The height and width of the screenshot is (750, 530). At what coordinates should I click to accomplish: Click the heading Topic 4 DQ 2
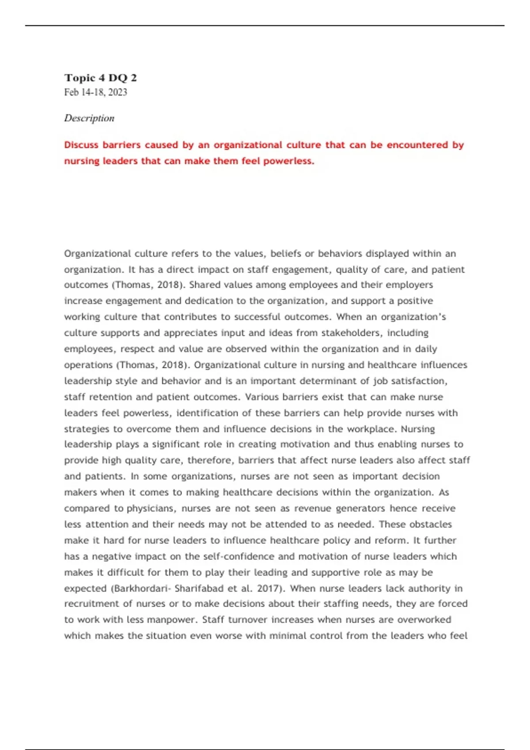(x=100, y=78)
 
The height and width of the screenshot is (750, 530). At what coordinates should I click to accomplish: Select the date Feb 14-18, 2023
(x=95, y=92)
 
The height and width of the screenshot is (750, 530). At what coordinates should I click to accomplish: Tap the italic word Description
(x=89, y=118)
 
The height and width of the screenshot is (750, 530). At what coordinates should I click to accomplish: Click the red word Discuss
(x=81, y=145)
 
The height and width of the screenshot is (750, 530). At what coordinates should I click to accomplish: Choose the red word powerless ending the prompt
(x=288, y=161)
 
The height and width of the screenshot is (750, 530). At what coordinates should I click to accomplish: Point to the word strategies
(x=87, y=429)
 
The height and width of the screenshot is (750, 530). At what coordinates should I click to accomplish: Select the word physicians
(x=151, y=509)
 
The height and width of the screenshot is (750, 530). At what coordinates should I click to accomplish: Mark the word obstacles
(x=431, y=525)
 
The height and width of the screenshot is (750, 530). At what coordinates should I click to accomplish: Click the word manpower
(x=172, y=620)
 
